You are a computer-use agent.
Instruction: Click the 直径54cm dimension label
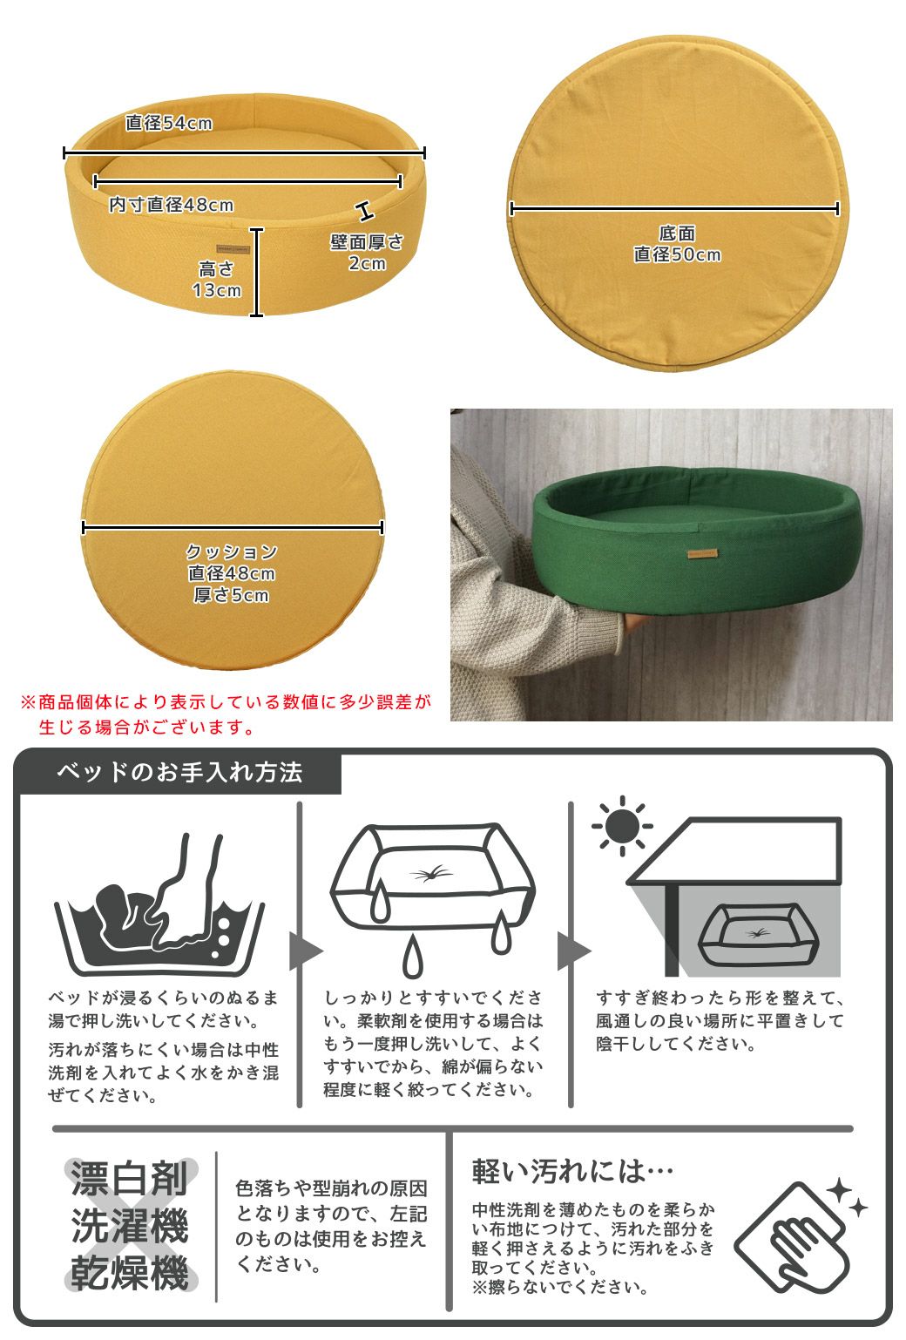pos(169,124)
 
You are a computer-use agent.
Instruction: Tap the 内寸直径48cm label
pos(171,206)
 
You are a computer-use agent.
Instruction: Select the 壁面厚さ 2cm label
pos(367,253)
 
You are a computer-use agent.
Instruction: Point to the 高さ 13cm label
pos(216,281)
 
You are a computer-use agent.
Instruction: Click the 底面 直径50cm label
pos(677,245)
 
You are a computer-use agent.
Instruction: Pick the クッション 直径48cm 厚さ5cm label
pos(232,573)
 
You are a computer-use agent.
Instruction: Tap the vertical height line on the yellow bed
pos(257,272)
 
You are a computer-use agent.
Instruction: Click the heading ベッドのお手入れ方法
pos(179,772)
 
